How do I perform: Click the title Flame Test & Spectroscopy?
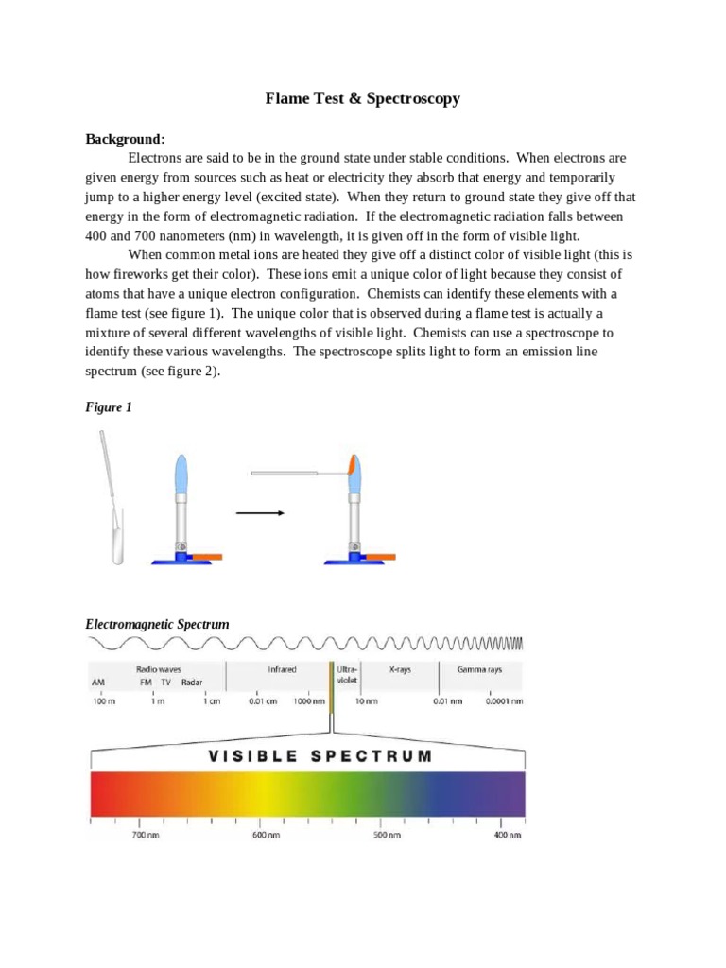click(x=362, y=98)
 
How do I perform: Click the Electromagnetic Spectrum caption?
click(x=157, y=624)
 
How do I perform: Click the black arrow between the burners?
click(x=259, y=513)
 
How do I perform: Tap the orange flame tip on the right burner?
click(x=351, y=464)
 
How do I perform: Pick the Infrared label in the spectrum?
click(x=282, y=669)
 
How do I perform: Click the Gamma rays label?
click(x=480, y=669)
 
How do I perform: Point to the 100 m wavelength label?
click(x=103, y=701)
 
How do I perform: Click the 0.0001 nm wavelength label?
click(x=504, y=701)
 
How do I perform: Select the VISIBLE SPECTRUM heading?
click(x=307, y=756)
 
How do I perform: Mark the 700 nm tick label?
click(x=146, y=836)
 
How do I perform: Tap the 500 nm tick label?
click(x=387, y=836)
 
